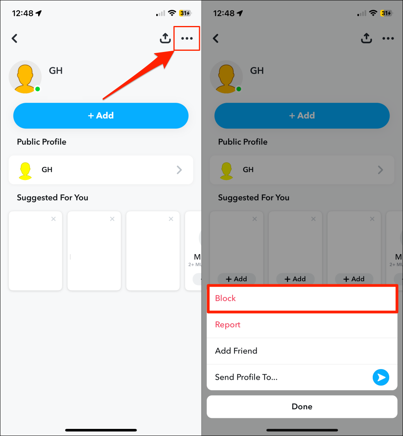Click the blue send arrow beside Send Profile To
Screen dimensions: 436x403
pos(381,377)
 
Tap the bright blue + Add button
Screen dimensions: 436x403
pos(101,116)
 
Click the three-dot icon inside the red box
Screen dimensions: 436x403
pos(187,39)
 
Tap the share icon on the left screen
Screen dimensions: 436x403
pos(165,38)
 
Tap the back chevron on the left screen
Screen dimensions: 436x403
pos(15,39)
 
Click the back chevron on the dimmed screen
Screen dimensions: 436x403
pos(216,39)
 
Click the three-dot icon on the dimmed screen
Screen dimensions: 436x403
pos(388,39)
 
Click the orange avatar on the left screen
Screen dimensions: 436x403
pos(25,77)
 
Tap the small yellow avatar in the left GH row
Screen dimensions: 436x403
pos(25,170)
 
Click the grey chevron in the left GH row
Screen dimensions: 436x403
pos(179,170)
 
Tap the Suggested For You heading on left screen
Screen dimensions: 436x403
pos(52,198)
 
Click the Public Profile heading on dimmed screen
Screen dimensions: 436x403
pos(243,142)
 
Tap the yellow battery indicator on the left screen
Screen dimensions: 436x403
pos(185,13)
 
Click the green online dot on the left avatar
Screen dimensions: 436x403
pos(37,89)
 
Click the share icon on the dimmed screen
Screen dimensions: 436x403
pos(366,38)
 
